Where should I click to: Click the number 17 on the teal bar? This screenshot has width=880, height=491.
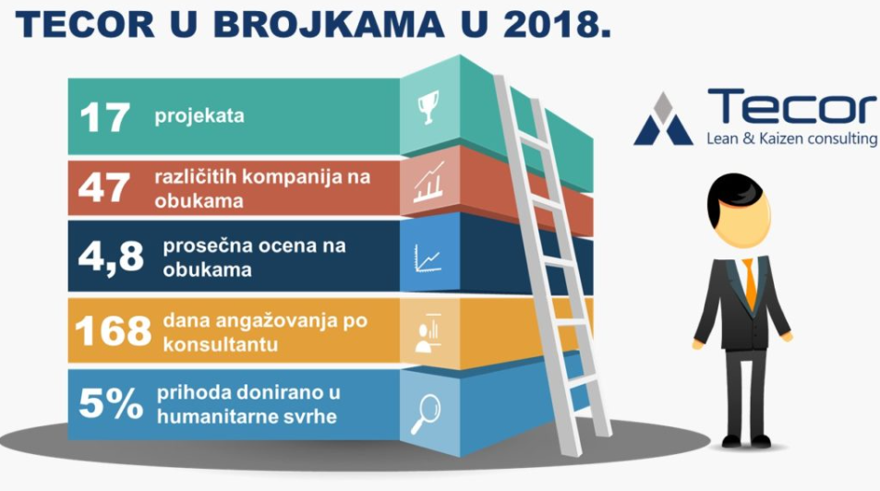105,117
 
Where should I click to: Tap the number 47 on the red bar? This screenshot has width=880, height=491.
104,187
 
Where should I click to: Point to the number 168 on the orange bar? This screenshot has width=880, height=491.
113,330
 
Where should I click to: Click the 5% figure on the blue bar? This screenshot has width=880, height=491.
111,403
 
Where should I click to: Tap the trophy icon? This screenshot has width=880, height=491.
428,107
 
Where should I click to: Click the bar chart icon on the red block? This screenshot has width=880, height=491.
429,183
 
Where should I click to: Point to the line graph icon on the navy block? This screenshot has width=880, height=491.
428,258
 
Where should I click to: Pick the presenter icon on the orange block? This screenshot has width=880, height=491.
428,333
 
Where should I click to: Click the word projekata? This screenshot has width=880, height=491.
199,116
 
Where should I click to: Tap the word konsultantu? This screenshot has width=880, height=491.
221,343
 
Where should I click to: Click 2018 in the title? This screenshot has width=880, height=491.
557,24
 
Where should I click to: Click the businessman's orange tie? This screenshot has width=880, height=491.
749,283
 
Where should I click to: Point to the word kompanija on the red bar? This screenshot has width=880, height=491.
294,178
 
